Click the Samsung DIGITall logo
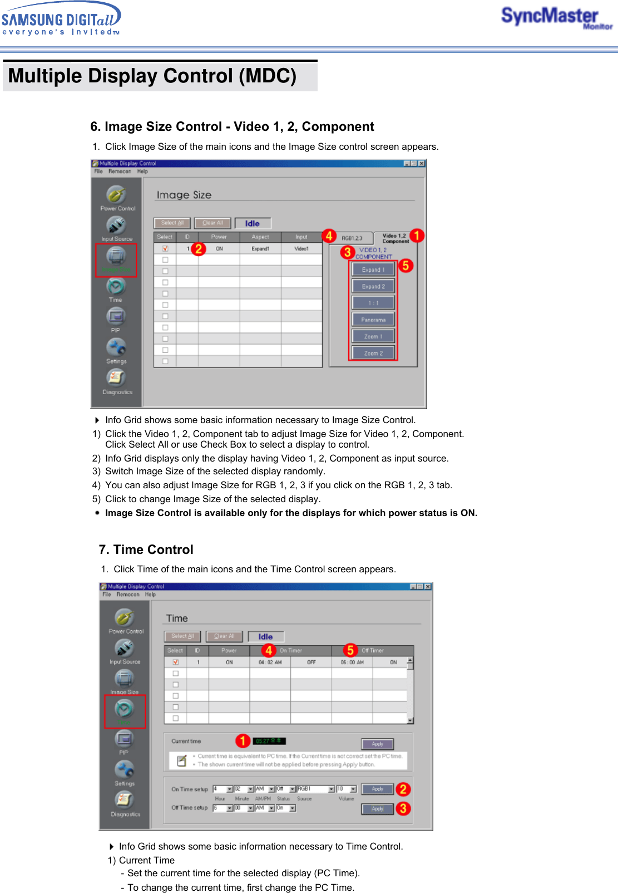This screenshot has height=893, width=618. coord(61,19)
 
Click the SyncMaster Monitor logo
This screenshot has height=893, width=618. coord(556,18)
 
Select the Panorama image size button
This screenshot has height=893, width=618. coord(373,320)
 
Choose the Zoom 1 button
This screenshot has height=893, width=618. coord(373,336)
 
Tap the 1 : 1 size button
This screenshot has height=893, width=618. coord(373,303)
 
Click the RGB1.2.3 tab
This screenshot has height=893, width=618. coord(352,238)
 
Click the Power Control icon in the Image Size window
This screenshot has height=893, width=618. coord(117,196)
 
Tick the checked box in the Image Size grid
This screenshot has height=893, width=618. coord(165,249)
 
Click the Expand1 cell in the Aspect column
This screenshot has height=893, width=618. coord(260,249)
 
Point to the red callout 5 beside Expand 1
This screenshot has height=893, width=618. coord(406,266)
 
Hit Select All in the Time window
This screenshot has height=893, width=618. coord(182,636)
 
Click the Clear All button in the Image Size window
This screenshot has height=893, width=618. coord(212,223)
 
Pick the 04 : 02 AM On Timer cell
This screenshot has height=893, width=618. coord(270,663)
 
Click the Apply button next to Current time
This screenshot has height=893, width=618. coord(378,744)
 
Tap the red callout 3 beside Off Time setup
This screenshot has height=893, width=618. coord(403,808)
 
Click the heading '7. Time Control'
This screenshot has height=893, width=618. coord(146,549)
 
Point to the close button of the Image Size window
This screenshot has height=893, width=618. coord(422,164)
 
